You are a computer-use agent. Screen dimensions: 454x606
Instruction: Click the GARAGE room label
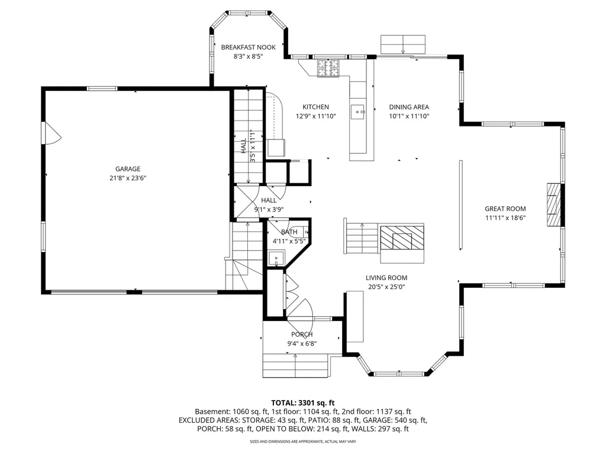coord(127,168)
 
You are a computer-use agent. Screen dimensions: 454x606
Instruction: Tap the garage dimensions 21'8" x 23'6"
coord(127,177)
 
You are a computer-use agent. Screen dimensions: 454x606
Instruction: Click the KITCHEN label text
coord(315,107)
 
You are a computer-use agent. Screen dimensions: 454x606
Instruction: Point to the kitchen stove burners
coord(327,68)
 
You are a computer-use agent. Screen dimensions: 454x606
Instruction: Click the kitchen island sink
coord(359,110)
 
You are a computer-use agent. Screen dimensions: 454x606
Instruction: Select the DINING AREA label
coord(408,107)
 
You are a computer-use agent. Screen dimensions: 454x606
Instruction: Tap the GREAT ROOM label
coord(505,209)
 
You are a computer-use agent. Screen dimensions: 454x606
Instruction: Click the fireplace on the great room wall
coord(553,205)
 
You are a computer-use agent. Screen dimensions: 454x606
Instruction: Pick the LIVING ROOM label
coord(386,278)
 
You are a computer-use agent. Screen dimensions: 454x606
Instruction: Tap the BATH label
coord(289,232)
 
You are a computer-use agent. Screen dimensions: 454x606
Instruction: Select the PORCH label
coord(301,335)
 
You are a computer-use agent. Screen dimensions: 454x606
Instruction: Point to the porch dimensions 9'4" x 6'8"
coord(301,343)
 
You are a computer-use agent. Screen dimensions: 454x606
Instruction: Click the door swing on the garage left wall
coord(51,135)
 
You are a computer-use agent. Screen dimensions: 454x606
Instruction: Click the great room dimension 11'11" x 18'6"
coord(505,218)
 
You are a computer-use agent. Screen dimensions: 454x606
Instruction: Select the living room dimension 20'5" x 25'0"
coord(386,287)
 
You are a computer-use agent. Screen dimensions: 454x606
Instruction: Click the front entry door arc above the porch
coord(302,310)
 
